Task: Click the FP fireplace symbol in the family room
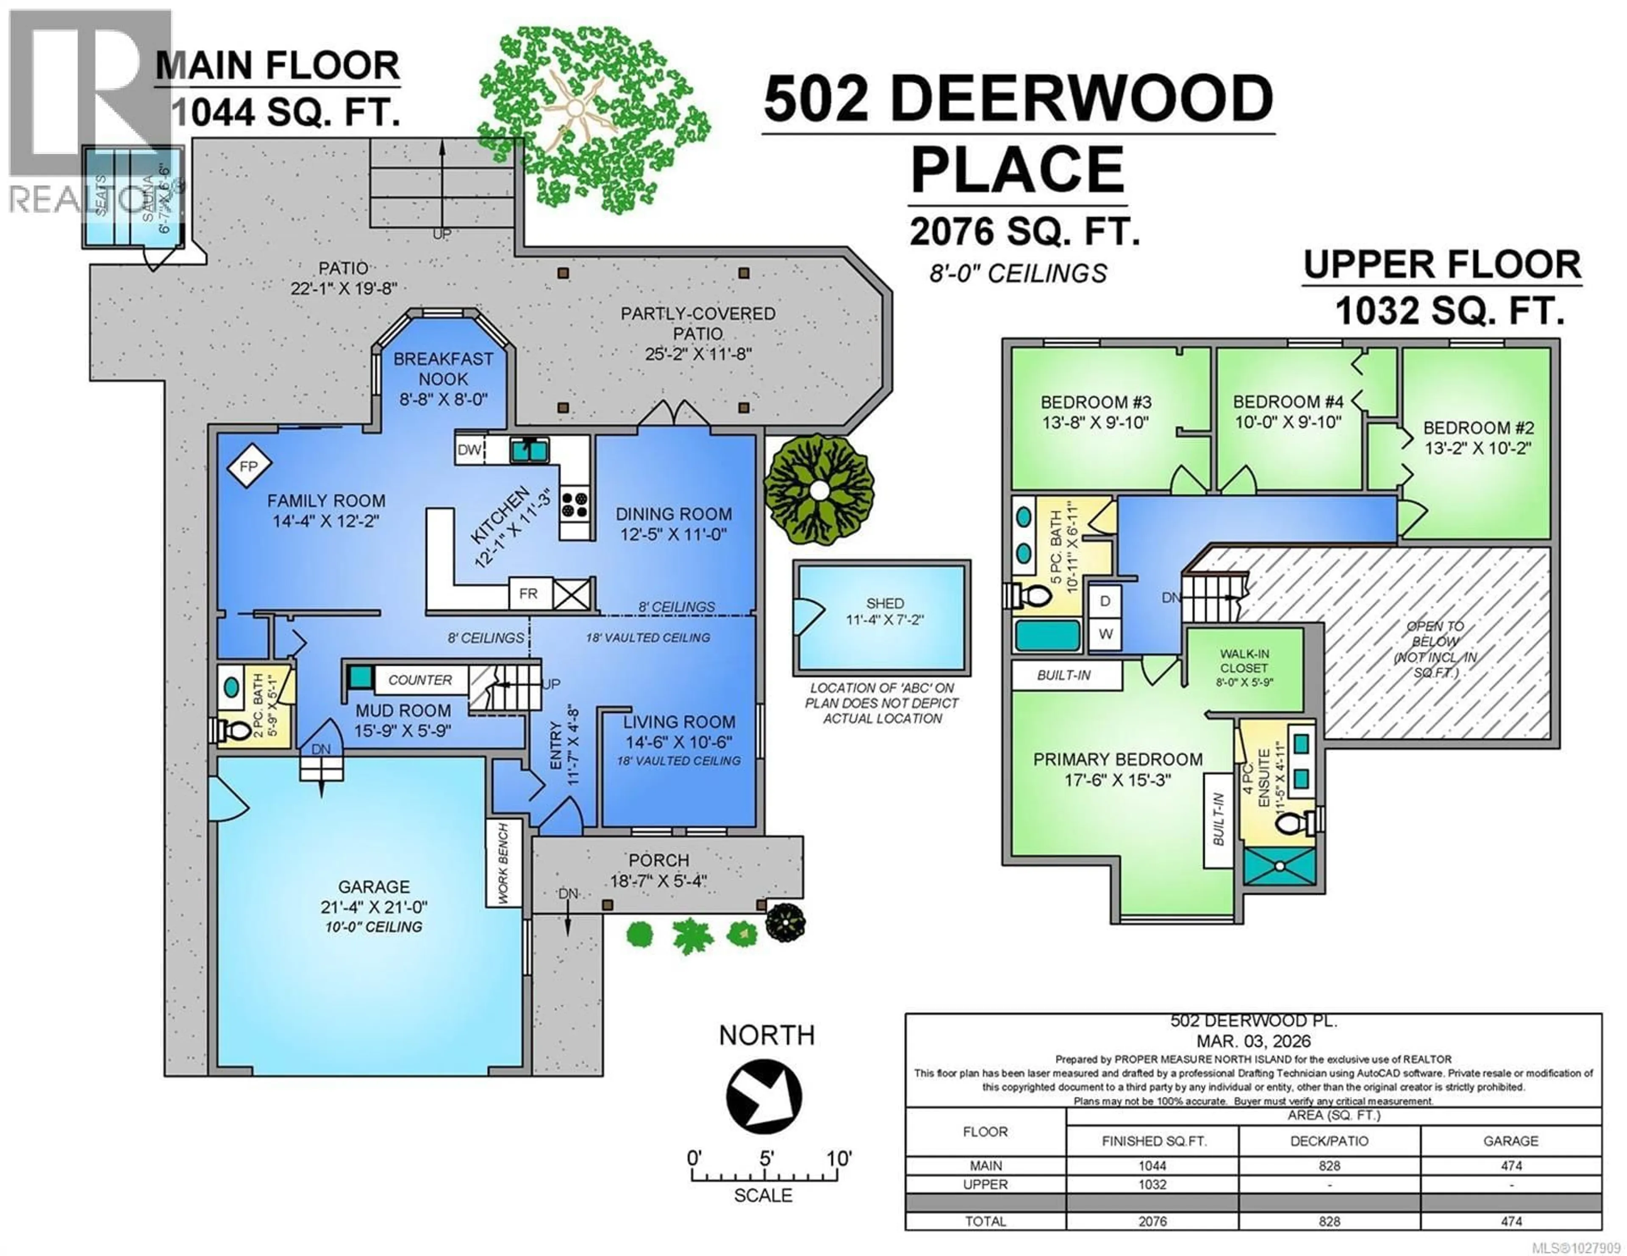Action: (248, 467)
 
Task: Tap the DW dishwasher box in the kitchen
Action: (469, 450)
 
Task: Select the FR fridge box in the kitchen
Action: (528, 593)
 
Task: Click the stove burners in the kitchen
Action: (575, 504)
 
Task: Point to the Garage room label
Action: (374, 887)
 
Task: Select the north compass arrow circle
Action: (764, 1096)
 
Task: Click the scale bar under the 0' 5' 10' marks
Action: (765, 1177)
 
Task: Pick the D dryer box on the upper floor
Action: (1105, 601)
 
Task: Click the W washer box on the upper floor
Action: (1105, 634)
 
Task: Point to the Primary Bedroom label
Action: (1117, 759)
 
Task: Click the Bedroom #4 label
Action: (1288, 402)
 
